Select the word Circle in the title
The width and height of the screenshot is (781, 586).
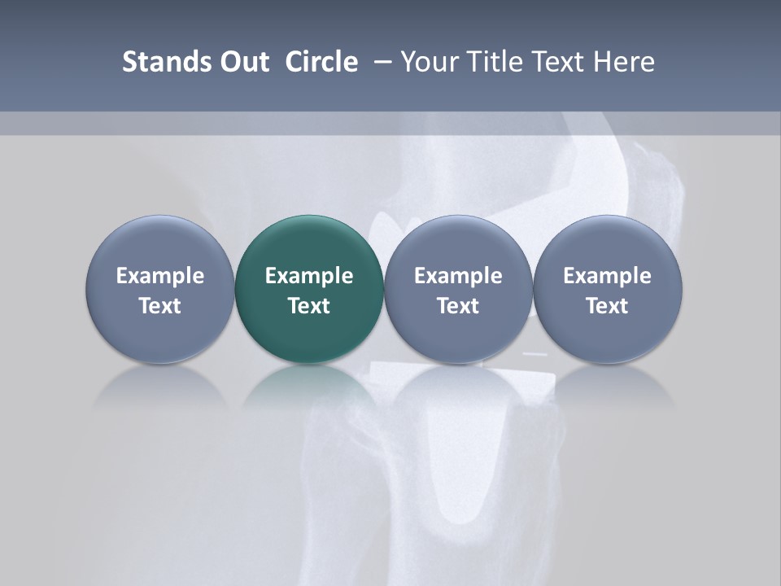coord(321,62)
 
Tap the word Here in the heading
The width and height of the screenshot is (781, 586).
coord(624,62)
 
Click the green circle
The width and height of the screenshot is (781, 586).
coord(309,289)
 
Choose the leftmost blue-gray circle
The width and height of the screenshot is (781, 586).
coord(160,289)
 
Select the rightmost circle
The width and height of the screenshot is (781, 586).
coord(607,289)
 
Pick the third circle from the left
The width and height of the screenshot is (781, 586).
coord(458,289)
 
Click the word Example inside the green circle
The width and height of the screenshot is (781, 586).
coord(309,276)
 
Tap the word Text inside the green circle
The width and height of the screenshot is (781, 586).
coord(309,306)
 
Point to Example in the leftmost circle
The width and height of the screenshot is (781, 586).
coord(160,276)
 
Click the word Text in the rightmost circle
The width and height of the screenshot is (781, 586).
coord(607,306)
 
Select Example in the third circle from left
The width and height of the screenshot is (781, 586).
coord(458,276)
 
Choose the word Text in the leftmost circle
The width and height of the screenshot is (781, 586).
coord(160,306)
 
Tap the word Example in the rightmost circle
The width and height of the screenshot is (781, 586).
coord(607,276)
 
